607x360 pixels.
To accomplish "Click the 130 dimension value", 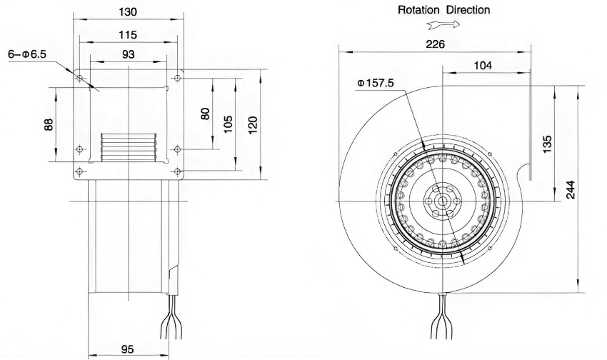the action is (127, 12).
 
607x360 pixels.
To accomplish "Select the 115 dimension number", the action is (127, 35).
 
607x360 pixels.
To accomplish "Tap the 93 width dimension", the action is (128, 54).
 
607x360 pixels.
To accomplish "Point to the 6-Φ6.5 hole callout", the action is (27, 54).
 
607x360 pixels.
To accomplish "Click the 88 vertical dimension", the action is (49, 124).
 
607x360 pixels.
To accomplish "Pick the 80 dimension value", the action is (205, 114).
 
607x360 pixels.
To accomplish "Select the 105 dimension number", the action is (228, 124).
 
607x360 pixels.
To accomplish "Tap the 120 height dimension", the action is (252, 125).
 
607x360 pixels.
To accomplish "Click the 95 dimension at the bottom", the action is (127, 349).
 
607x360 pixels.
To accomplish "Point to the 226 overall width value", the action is (436, 44).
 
